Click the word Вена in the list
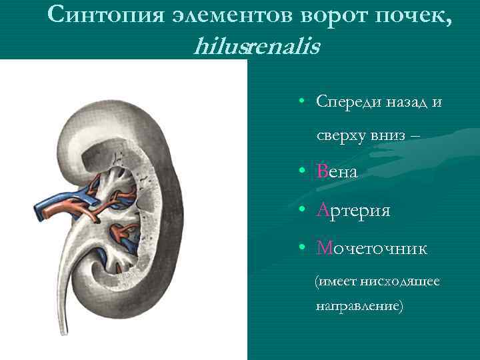pos(337,172)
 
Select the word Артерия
pos(354,211)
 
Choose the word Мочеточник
pos(372,249)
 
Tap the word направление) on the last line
pos(360,306)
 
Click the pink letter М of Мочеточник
pos(325,249)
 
